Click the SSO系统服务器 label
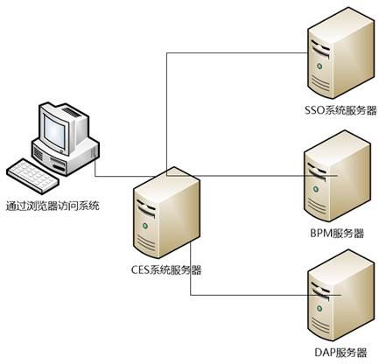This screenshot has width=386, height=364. pyautogui.click(x=340, y=110)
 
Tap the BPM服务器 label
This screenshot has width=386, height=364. pyautogui.click(x=337, y=234)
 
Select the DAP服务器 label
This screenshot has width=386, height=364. pyautogui.click(x=340, y=353)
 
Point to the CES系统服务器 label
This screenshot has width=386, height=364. pyautogui.click(x=166, y=269)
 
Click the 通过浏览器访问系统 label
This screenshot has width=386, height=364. pyautogui.click(x=53, y=206)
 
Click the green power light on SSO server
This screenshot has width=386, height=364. pyautogui.click(x=319, y=66)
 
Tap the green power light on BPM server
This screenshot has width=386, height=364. pyautogui.click(x=315, y=189)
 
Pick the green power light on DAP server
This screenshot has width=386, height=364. pyautogui.click(x=319, y=308)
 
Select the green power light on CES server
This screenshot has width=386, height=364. pyautogui.click(x=144, y=226)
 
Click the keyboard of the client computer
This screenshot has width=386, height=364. pyautogui.click(x=32, y=175)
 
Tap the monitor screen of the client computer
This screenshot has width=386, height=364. pyautogui.click(x=54, y=129)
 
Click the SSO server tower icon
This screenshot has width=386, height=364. pyautogui.click(x=341, y=53)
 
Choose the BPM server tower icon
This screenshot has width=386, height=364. pyautogui.click(x=337, y=176)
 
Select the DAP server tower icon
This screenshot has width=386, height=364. pyautogui.click(x=341, y=295)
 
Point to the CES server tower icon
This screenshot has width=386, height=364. pyautogui.click(x=166, y=213)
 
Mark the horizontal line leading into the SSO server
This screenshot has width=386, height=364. pyautogui.click(x=237, y=53)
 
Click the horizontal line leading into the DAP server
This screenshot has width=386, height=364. pyautogui.click(x=265, y=295)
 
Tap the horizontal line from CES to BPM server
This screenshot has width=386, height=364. pyautogui.click(x=252, y=176)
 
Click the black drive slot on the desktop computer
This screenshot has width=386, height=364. pyautogui.click(x=59, y=167)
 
